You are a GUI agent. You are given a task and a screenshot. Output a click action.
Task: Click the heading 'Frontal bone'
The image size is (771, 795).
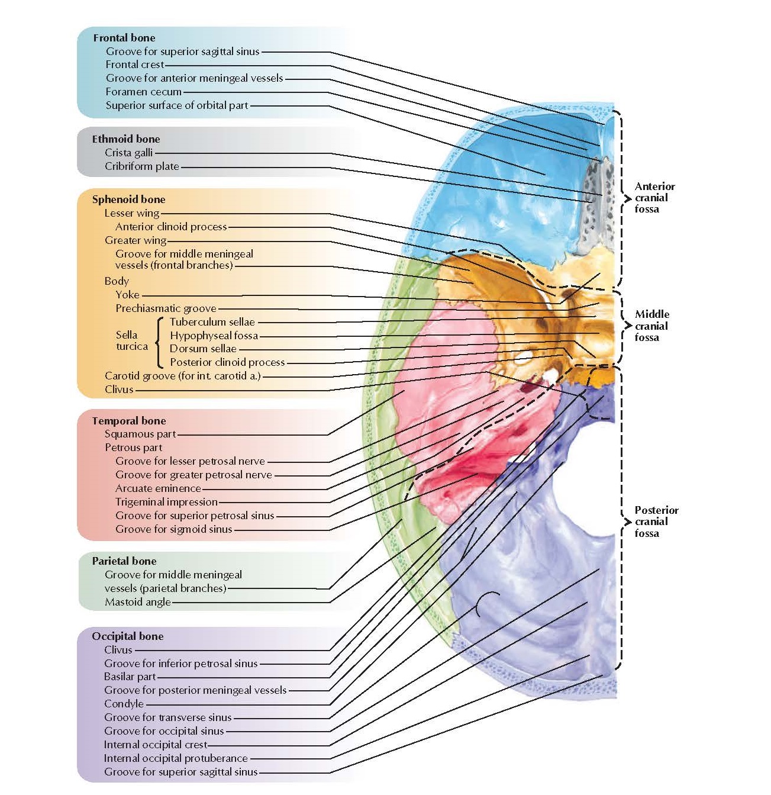point(124,38)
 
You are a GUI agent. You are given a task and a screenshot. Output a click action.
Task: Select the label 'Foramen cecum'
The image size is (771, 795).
point(143,92)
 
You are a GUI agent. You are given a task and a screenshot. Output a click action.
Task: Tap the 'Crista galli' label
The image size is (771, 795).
point(128,153)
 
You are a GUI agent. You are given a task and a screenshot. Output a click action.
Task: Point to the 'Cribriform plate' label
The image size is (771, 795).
point(141,166)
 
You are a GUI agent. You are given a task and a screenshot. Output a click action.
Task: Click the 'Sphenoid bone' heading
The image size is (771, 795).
point(128,199)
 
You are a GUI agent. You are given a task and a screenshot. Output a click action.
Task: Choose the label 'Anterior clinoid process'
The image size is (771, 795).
point(171,227)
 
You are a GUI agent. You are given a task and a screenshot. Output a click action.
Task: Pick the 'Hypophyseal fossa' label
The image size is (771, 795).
point(214,336)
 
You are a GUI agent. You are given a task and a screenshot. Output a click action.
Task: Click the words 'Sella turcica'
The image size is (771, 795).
point(131,341)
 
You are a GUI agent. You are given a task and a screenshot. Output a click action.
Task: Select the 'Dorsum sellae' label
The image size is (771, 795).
point(203,349)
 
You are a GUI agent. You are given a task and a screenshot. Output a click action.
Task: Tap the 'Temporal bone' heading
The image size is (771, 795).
point(128,421)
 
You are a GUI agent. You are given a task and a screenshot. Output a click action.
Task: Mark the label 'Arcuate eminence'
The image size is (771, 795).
point(158,488)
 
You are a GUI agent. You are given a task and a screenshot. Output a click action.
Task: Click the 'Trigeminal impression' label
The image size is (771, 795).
point(166,502)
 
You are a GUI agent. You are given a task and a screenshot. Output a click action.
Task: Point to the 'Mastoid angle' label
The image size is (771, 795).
point(137,602)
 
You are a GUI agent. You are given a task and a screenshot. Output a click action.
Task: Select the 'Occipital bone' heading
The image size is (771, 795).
point(127,636)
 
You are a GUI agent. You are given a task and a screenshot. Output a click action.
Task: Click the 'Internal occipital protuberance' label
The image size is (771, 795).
point(176,758)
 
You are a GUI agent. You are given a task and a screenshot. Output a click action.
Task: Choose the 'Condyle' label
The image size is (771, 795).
point(124,704)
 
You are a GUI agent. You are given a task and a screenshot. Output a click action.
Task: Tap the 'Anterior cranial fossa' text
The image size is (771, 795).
point(654,198)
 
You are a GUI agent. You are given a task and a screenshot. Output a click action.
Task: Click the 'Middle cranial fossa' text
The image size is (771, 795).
point(651,326)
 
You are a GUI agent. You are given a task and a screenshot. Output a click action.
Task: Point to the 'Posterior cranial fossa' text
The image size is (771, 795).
point(656,522)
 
